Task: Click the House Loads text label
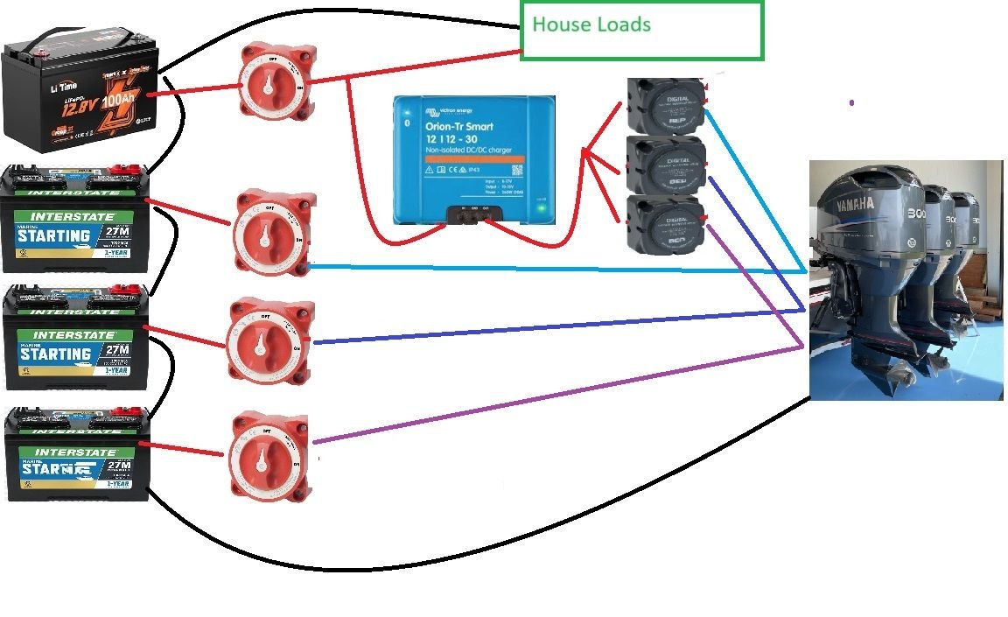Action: pyautogui.click(x=591, y=24)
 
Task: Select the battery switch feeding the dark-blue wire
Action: pyautogui.click(x=271, y=342)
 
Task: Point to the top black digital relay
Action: pyautogui.click(x=667, y=105)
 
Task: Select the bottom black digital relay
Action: pyautogui.click(x=667, y=224)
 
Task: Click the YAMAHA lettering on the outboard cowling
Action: pyautogui.click(x=848, y=204)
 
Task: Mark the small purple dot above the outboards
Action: pyautogui.click(x=851, y=103)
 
